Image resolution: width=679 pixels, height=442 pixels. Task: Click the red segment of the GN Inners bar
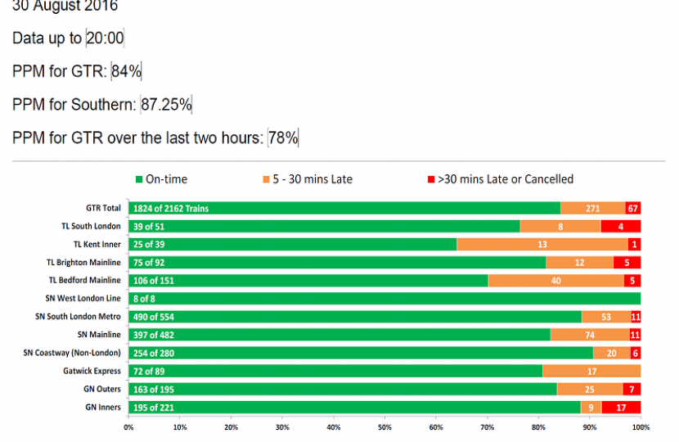pos(621,407)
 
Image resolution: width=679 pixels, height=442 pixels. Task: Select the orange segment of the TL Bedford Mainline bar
pos(555,281)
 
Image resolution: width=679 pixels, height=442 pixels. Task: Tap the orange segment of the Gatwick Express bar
pos(591,371)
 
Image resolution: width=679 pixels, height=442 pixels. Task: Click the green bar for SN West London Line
pos(384,299)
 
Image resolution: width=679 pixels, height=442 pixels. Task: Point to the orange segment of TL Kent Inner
pos(542,245)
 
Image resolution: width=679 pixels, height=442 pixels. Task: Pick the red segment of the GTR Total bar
pos(632,209)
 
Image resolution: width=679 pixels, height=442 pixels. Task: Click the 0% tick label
pos(128,426)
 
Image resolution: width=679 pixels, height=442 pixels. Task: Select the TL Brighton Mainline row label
pos(83,263)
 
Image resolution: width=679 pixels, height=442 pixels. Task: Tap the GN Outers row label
pos(101,389)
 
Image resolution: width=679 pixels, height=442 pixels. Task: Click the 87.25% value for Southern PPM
pos(166,105)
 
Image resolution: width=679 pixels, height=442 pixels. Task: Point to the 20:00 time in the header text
pos(105,38)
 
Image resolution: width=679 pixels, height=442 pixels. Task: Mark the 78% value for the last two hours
pos(283,138)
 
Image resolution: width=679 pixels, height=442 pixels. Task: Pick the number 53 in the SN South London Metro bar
pos(605,317)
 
